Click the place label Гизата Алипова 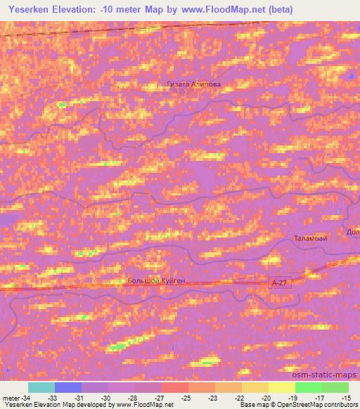click(x=194, y=84)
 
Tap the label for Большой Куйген click(x=156, y=280)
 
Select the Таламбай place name click(x=310, y=238)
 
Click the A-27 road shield click(x=280, y=281)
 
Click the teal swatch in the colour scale click(x=41, y=387)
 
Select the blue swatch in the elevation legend click(x=68, y=387)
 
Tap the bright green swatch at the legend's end click(x=335, y=387)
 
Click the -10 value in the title click(x=124, y=9)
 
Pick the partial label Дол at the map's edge click(x=353, y=231)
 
